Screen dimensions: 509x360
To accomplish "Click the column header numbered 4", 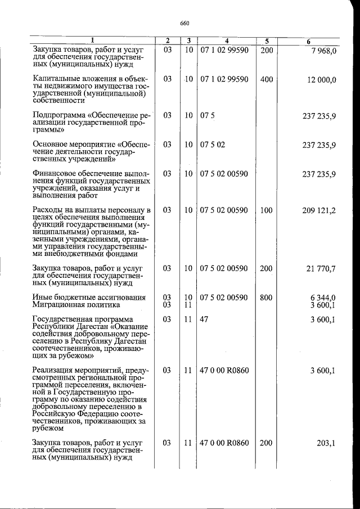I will pyautogui.click(x=227, y=41).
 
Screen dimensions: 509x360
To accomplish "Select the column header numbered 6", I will pyautogui.click(x=309, y=41).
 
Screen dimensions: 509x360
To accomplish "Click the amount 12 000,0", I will pyautogui.click(x=322, y=80).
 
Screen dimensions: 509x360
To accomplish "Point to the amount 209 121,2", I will pyautogui.click(x=318, y=211).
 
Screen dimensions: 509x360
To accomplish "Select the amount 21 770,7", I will pyautogui.click(x=321, y=269).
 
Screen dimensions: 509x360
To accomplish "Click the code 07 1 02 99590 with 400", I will pyautogui.click(x=224, y=79).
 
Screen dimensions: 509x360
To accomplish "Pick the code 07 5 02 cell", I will pyautogui.click(x=213, y=145).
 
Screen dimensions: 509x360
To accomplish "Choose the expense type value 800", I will pyautogui.click(x=267, y=298).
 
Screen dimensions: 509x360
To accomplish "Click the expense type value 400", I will pyautogui.click(x=267, y=79).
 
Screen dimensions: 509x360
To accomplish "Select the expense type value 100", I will pyautogui.click(x=267, y=211).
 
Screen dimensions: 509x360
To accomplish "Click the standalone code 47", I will pyautogui.click(x=205, y=319).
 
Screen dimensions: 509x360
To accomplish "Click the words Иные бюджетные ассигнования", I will pyautogui.click(x=82, y=298).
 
